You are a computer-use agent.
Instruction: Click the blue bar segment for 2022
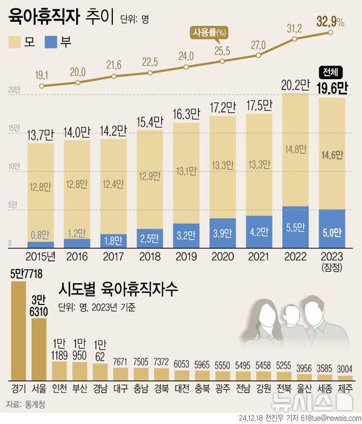295,227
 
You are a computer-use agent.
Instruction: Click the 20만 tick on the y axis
12,90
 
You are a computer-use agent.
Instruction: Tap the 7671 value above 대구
121,361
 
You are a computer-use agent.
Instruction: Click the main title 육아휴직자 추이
50,16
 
